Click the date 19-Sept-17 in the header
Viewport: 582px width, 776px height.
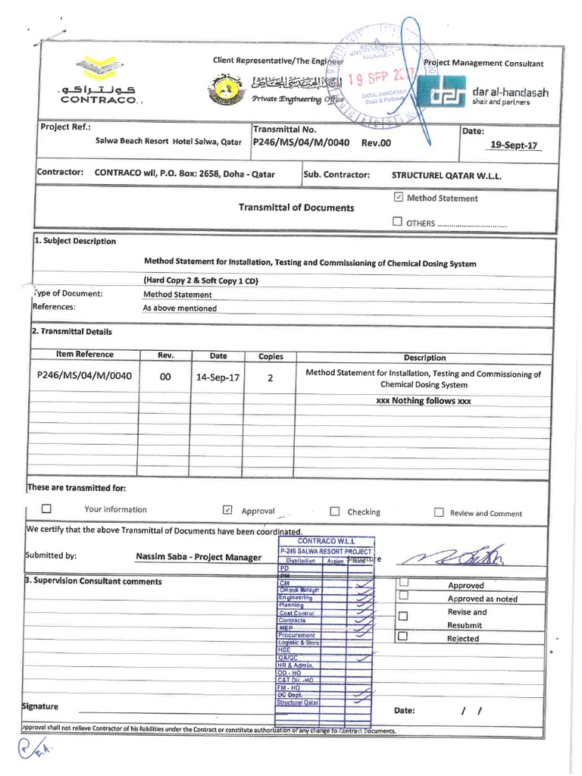pyautogui.click(x=515, y=144)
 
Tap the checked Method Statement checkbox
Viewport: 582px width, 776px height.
pyautogui.click(x=399, y=198)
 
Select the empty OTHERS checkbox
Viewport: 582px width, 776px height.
pyautogui.click(x=398, y=222)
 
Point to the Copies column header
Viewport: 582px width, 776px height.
pyautogui.click(x=271, y=355)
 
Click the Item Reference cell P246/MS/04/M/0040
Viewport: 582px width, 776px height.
pyautogui.click(x=85, y=375)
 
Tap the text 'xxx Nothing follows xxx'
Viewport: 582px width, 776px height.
pyautogui.click(x=424, y=401)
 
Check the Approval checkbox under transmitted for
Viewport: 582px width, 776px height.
pyautogui.click(x=227, y=511)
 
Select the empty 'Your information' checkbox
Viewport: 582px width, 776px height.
pyautogui.click(x=46, y=509)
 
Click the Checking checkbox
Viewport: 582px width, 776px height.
pyautogui.click(x=335, y=512)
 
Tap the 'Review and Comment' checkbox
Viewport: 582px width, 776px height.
pyautogui.click(x=439, y=512)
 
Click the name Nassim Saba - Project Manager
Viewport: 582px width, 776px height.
pyautogui.click(x=199, y=558)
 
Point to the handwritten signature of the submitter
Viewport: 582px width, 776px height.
pyautogui.click(x=455, y=559)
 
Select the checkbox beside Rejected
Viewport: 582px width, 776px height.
pyautogui.click(x=403, y=637)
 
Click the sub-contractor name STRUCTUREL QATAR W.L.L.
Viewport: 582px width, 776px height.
pyautogui.click(x=446, y=175)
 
